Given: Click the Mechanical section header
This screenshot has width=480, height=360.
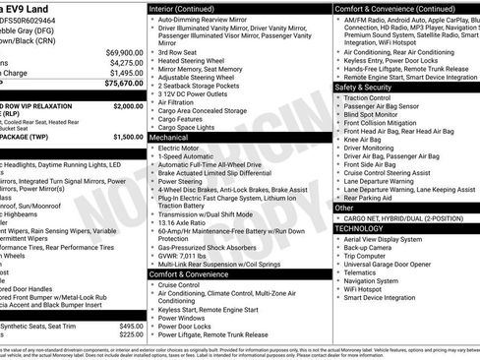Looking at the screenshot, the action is tap(168, 139).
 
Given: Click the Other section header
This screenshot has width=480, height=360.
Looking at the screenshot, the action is tap(344, 208).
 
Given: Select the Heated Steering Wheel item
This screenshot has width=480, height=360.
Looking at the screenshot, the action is tap(199, 62).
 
